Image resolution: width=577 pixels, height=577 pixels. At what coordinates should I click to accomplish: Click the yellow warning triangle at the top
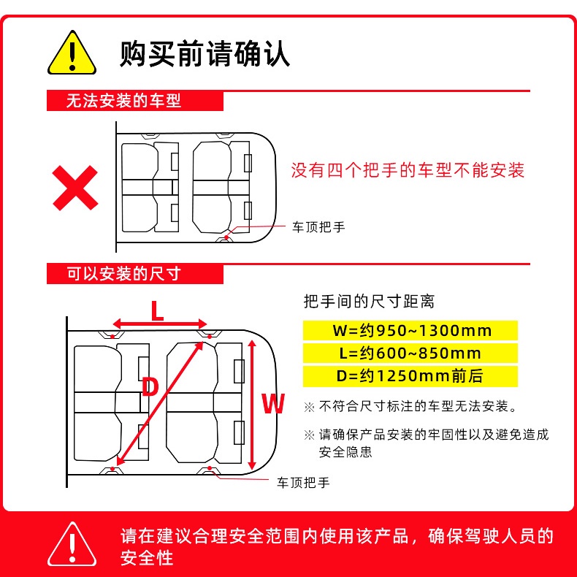72,53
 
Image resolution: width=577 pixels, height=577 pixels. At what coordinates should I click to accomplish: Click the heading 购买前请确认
205,53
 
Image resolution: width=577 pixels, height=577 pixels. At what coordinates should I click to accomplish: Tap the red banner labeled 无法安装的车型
124,101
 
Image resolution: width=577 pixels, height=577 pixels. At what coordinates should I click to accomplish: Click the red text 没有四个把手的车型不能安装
408,171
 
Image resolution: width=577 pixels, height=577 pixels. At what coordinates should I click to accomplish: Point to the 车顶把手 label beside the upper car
318,227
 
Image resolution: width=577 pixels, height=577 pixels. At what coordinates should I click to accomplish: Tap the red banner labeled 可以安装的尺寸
124,274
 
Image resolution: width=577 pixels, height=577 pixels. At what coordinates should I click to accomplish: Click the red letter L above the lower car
157,312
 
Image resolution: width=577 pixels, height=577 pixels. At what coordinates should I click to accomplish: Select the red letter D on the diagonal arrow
149,386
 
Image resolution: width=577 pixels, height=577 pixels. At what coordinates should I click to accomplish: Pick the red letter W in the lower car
272,402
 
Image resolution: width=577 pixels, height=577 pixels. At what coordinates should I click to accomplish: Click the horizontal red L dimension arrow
161,324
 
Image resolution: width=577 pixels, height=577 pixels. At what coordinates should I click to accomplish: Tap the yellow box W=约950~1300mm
411,329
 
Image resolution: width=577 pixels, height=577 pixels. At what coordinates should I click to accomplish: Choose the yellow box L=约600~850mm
411,354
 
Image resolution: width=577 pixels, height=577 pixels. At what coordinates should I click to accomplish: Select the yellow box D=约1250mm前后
411,377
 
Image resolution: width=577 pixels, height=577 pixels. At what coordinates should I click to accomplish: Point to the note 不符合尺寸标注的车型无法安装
417,406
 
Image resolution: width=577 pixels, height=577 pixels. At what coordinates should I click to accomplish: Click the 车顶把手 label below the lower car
303,483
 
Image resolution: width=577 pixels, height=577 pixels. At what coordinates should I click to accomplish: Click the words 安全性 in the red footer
147,558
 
